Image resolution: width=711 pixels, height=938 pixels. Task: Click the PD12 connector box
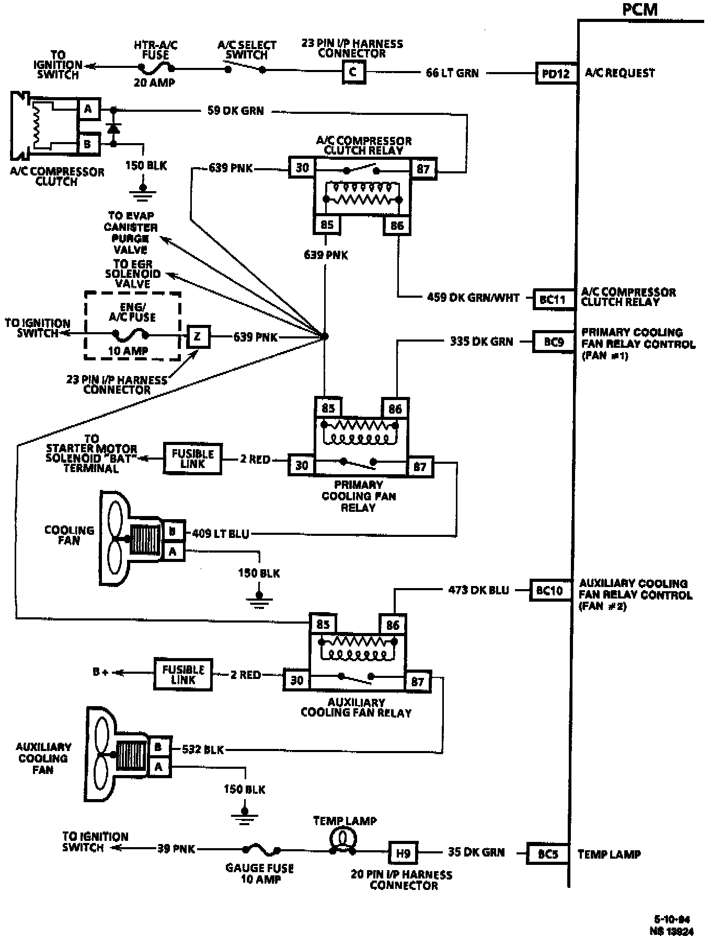point(556,74)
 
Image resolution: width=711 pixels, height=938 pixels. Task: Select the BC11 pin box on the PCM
point(553,300)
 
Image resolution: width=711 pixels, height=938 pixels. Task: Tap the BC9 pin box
point(553,342)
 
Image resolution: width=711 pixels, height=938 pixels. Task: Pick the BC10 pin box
point(549,591)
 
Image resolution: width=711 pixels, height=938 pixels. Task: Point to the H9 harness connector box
point(403,854)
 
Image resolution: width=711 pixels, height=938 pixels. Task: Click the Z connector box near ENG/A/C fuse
point(198,337)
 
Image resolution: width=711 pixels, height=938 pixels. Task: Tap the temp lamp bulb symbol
point(343,839)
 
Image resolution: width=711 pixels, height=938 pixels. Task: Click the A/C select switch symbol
point(245,68)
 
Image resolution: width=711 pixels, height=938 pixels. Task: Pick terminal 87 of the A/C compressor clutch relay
point(423,169)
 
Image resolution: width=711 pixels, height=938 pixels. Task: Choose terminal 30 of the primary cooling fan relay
point(302,465)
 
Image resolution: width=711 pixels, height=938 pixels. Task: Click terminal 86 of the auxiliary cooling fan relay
point(393,625)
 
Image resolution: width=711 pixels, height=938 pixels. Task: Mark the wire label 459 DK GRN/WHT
point(473,298)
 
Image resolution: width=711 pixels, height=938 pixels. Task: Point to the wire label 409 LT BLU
point(221,534)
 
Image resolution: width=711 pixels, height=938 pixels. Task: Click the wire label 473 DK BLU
point(478,590)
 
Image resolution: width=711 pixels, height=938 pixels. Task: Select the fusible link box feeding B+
point(183,675)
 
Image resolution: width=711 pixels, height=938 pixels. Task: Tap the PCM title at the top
point(639,9)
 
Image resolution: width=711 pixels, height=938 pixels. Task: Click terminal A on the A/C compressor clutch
point(88,109)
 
